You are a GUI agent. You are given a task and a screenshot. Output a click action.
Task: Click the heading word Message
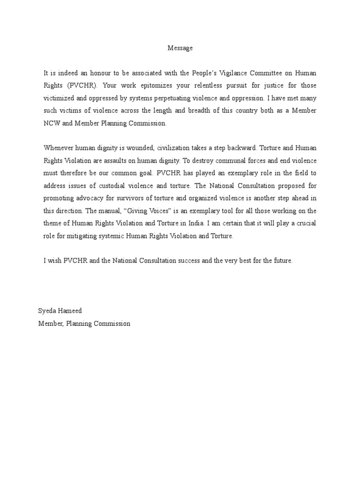pyautogui.click(x=180, y=48)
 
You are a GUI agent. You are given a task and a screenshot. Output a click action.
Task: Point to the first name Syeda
pyautogui.click(x=47, y=311)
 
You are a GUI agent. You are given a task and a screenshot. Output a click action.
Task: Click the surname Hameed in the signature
pyautogui.click(x=71, y=311)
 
